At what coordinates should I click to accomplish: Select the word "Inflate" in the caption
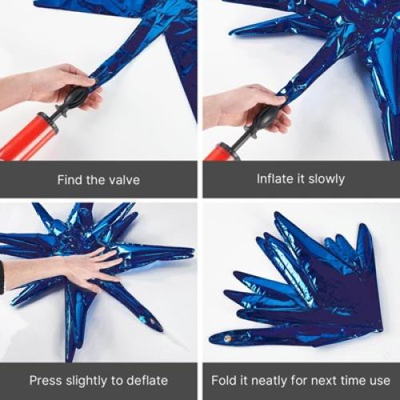276,179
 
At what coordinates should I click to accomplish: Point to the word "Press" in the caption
46,381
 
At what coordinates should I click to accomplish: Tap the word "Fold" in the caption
226,381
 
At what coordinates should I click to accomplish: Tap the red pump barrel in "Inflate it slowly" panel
218,151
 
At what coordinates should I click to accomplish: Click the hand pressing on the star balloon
88,270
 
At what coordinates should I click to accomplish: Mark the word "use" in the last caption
380,381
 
